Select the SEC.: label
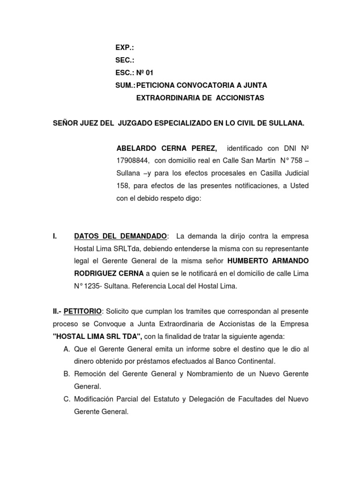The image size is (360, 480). pyautogui.click(x=125, y=60)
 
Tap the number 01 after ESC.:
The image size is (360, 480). pyautogui.click(x=149, y=73)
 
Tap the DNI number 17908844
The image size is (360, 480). pyautogui.click(x=133, y=161)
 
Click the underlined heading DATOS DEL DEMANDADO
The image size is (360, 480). pyautogui.click(x=120, y=235)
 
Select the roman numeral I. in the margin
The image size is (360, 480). pyautogui.click(x=55, y=235)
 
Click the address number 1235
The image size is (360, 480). pyautogui.click(x=91, y=286)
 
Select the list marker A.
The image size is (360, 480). pyautogui.click(x=66, y=349)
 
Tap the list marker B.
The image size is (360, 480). pyautogui.click(x=66, y=374)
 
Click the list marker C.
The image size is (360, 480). pyautogui.click(x=66, y=399)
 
